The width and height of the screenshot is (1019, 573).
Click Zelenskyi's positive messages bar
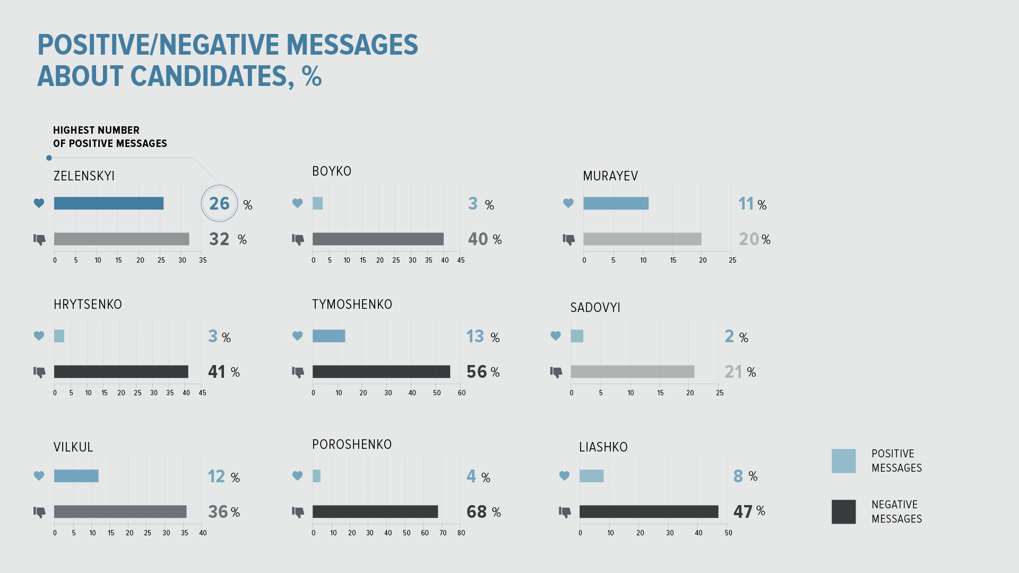[x=109, y=203]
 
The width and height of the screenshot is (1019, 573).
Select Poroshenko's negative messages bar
[x=375, y=511]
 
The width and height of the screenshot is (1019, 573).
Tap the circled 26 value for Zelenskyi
[x=219, y=203]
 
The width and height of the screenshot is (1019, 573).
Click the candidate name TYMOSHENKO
[x=352, y=305]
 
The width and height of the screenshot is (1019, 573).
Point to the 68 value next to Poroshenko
[x=477, y=512]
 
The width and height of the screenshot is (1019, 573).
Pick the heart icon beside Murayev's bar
[x=568, y=203]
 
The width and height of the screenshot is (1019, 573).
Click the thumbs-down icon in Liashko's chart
[x=565, y=512]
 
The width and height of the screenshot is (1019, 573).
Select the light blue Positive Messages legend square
[x=843, y=461]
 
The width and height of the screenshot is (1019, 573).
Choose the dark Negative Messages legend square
[x=843, y=511]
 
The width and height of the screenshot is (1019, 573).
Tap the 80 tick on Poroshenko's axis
[x=461, y=533]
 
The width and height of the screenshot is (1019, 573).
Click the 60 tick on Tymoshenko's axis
[x=462, y=393]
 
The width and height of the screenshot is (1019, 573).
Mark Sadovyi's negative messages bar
[x=632, y=372]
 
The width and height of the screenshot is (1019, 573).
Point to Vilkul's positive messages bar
[x=76, y=476]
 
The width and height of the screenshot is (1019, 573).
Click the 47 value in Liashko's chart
[x=742, y=511]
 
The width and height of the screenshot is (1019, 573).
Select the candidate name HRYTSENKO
[x=88, y=305]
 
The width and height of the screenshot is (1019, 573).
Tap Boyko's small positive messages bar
[x=317, y=203]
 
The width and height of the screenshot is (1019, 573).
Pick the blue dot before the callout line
[x=49, y=158]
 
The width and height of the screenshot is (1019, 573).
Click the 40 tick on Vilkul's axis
[x=203, y=533]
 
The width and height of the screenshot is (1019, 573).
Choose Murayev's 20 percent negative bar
[x=642, y=239]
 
